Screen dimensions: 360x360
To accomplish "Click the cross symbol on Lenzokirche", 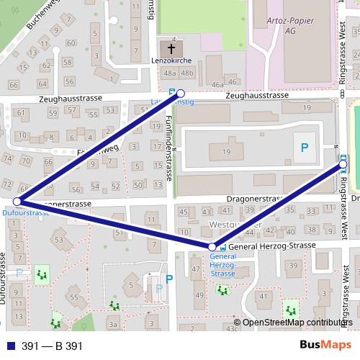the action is pos(171,49).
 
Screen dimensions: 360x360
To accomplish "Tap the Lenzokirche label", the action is pos(172,62).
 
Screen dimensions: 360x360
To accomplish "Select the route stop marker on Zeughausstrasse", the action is pos(181,93).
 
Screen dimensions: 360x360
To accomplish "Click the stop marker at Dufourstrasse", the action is pos(17,202).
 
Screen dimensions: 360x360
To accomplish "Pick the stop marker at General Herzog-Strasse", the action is pos(212,248).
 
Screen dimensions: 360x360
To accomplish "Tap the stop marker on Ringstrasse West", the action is pos(343,165).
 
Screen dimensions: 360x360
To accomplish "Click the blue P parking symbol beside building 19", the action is pos(305,148).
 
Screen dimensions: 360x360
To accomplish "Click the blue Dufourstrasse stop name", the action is pos(26,213).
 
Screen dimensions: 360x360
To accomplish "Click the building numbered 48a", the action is pos(169,73).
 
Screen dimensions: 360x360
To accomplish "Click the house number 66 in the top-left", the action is pos(14,85).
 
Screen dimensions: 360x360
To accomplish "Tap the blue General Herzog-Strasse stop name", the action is pos(223,265).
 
